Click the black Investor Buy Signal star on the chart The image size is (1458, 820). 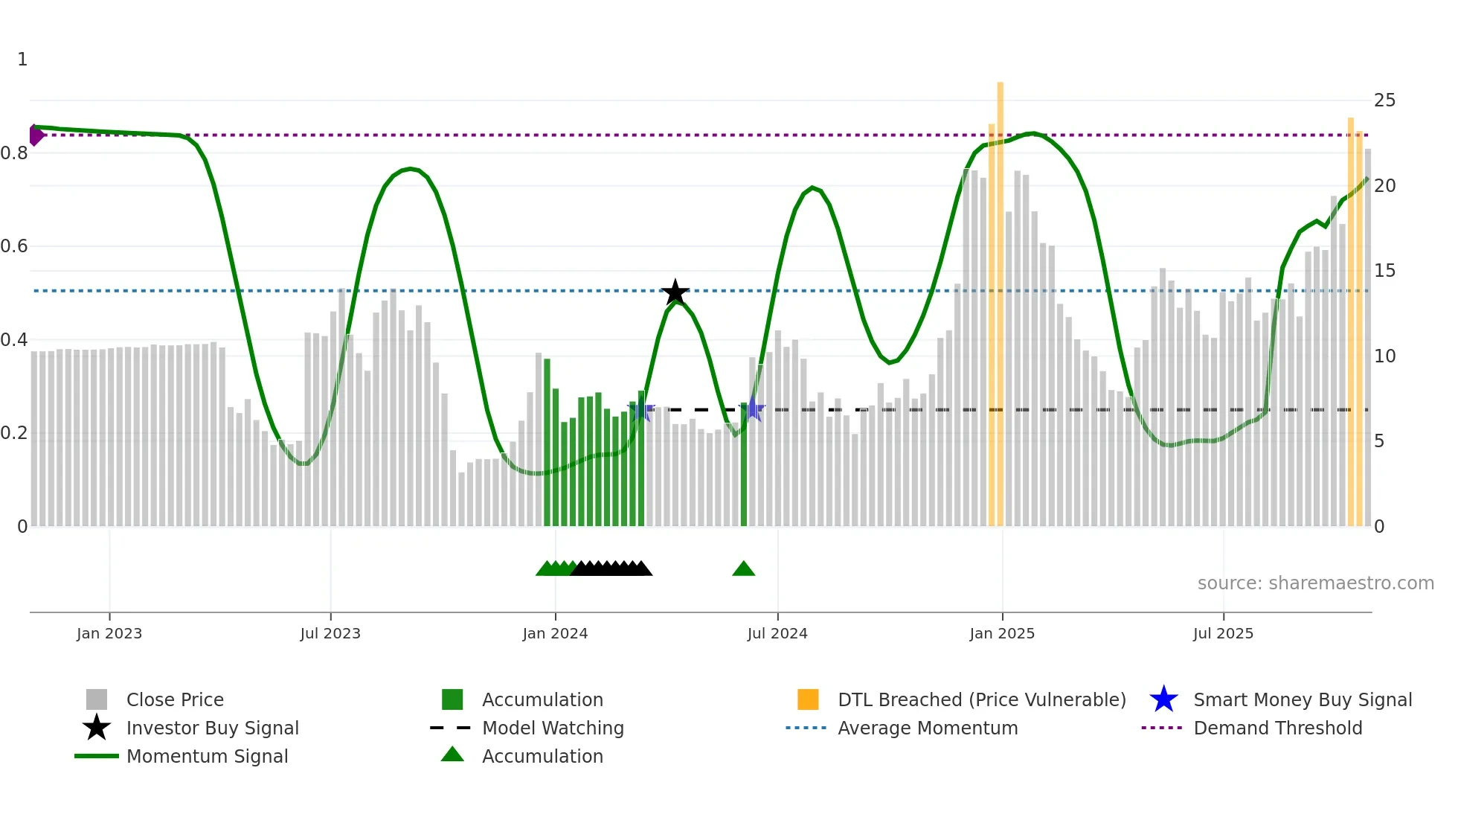pos(675,292)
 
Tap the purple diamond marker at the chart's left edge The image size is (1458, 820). pos(36,135)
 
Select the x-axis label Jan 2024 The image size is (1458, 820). pos(555,633)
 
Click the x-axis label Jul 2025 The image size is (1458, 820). pos(1223,633)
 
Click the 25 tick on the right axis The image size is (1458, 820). pos(1384,100)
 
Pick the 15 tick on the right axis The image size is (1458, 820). pos(1384,271)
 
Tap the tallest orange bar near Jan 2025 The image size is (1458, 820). pos(1000,298)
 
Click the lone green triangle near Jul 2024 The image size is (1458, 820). pos(743,569)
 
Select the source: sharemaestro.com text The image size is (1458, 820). pos(1315,583)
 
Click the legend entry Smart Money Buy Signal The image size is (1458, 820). pos(1302,700)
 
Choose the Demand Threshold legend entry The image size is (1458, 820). pos(1277,728)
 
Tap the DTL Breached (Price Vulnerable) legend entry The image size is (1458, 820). pos(981,700)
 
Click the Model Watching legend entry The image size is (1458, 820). pos(552,728)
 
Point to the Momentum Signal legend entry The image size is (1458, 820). pos(207,757)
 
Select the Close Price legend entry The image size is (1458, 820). pos(175,700)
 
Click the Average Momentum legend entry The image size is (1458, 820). pos(927,728)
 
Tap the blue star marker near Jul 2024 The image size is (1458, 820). pos(754,409)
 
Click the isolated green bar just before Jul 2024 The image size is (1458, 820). pos(743,465)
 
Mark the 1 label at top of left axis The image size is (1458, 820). pos(22,60)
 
